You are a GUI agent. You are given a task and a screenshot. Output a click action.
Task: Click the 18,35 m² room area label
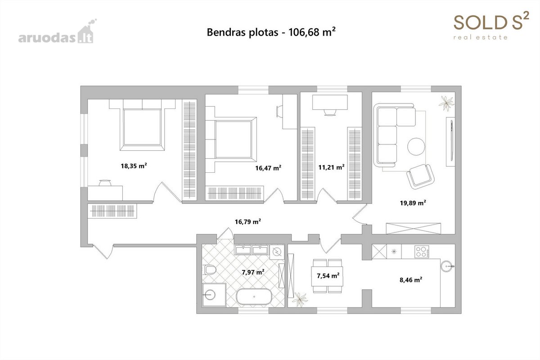[x=134, y=166]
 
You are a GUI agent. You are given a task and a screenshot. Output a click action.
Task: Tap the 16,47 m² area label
[x=268, y=167]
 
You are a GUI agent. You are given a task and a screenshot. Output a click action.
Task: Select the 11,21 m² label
[x=331, y=167]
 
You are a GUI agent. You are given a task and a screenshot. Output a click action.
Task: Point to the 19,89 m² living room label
[x=413, y=202]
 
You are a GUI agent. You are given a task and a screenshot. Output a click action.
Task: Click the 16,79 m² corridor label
[x=248, y=221]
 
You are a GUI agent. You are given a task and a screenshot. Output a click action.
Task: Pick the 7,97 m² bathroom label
[x=253, y=272]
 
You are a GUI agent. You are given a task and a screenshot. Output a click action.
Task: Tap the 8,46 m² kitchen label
[x=411, y=280]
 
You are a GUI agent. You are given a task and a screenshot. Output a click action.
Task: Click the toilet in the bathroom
[x=210, y=270]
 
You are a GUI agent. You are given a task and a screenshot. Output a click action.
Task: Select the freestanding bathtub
[x=254, y=297]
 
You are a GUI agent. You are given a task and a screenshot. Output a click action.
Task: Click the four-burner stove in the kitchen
[x=422, y=252]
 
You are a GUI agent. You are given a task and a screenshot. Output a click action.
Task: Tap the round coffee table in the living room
[x=416, y=146]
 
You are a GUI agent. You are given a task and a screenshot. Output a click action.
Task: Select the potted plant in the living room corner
[x=447, y=103]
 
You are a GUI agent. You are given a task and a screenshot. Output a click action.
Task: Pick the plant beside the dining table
[x=300, y=300]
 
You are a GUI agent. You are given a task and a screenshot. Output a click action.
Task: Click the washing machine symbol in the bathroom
[x=277, y=252]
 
